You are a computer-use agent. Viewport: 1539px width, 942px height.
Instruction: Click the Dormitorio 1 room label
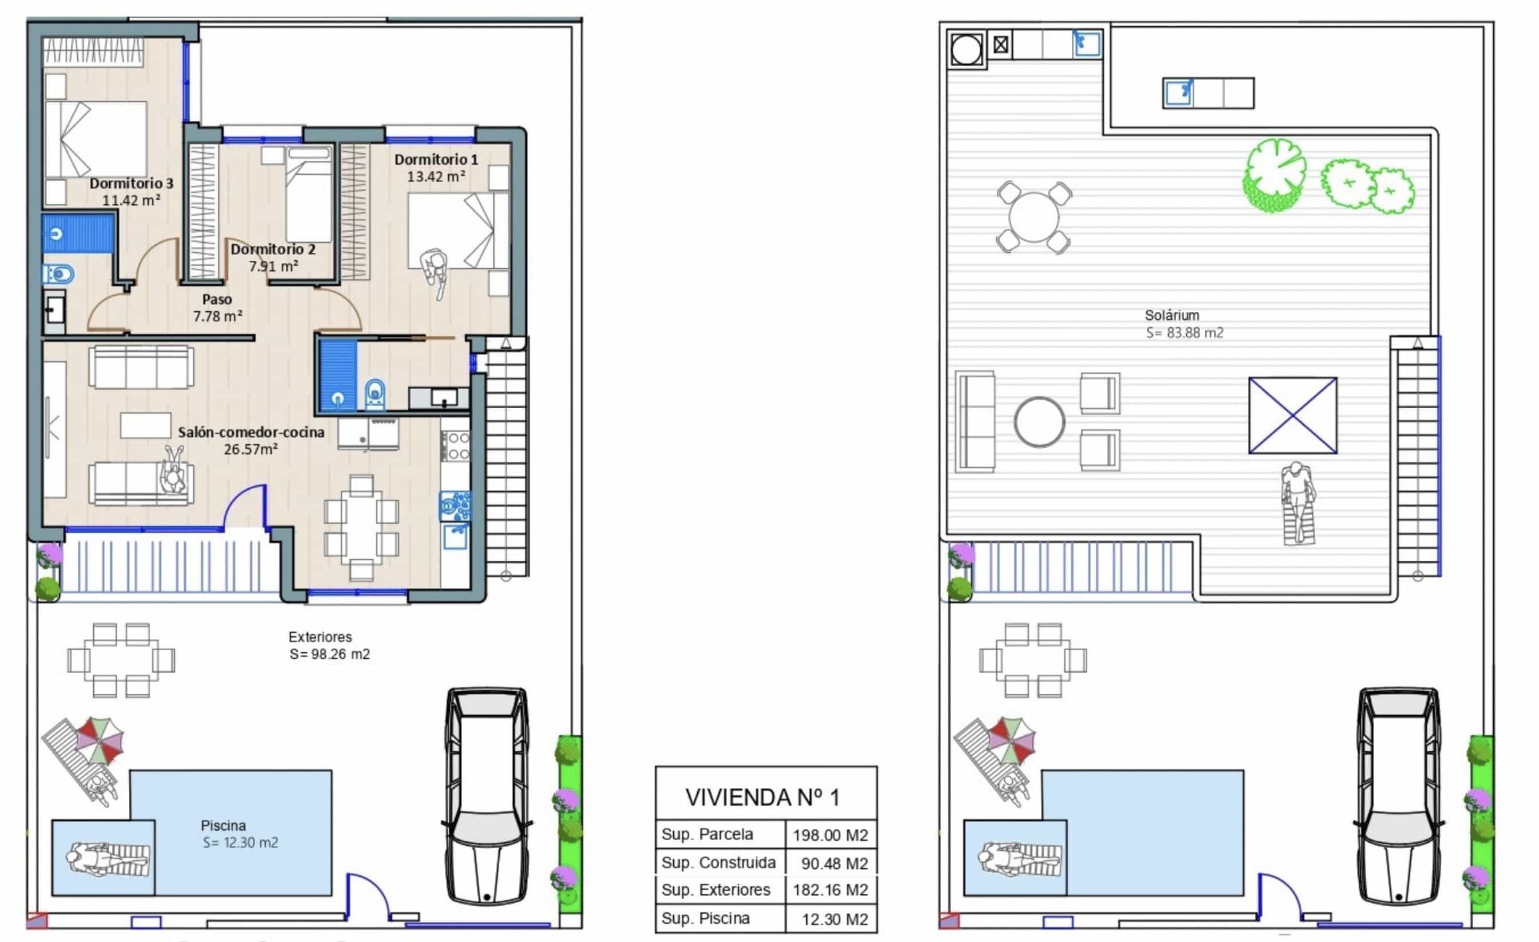click(436, 160)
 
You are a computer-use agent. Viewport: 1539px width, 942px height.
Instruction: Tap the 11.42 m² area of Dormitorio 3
click(131, 200)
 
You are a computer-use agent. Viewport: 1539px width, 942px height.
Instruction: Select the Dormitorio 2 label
click(273, 249)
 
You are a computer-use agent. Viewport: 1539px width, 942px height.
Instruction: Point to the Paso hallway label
click(217, 300)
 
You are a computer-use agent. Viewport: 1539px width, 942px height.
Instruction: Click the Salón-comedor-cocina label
click(251, 432)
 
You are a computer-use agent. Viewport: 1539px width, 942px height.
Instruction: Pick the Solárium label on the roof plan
click(1172, 315)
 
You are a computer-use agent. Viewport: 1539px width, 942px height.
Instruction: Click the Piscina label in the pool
click(223, 825)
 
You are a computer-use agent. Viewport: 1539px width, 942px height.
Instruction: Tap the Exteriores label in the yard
click(320, 637)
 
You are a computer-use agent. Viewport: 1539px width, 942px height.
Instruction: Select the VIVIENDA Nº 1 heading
click(762, 797)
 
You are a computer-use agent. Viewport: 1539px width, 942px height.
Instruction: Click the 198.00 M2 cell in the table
click(830, 835)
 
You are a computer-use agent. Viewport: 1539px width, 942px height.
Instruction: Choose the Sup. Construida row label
click(719, 862)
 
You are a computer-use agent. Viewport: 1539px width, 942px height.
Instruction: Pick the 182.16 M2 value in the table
click(830, 890)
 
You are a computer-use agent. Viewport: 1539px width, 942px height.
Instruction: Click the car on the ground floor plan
click(487, 796)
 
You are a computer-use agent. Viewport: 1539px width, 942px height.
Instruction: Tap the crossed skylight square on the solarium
click(1292, 415)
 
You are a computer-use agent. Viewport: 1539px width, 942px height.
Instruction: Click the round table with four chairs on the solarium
click(1033, 217)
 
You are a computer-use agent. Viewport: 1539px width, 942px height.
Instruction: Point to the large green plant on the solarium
click(1273, 176)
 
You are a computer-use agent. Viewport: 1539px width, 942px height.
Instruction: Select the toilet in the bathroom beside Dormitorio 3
click(58, 274)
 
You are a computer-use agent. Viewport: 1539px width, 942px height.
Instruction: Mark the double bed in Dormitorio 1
click(458, 231)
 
